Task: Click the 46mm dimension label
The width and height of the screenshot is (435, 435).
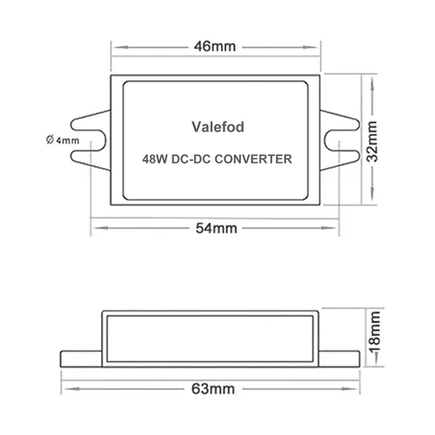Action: click(x=215, y=46)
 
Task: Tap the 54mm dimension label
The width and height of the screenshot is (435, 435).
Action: click(x=217, y=228)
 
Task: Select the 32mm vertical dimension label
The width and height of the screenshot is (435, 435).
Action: click(x=372, y=141)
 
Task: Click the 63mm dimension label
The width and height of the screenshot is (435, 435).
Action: click(x=213, y=389)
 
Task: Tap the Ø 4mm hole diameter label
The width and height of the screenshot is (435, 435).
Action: click(x=63, y=140)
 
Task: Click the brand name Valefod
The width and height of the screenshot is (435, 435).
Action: click(x=217, y=127)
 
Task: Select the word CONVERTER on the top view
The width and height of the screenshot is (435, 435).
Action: click(x=253, y=159)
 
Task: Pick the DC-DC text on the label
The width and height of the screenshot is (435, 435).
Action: click(x=191, y=159)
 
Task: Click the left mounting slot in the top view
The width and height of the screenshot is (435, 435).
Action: click(x=89, y=140)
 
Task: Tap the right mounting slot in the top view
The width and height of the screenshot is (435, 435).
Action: click(x=342, y=141)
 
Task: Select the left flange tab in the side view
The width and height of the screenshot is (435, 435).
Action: click(x=81, y=359)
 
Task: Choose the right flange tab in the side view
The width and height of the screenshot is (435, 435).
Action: click(x=339, y=359)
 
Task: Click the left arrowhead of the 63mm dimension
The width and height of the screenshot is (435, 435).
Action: click(x=72, y=389)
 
